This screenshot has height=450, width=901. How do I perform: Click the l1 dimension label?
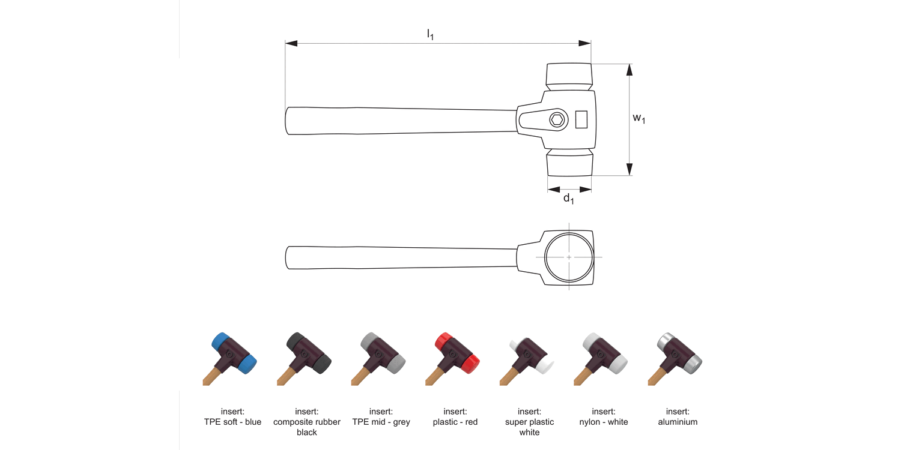[430, 35]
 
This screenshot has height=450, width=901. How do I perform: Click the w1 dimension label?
[639, 118]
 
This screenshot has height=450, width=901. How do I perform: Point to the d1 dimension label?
[568, 199]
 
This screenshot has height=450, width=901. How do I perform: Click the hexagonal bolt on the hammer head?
[558, 120]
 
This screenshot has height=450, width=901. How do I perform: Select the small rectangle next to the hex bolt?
[581, 119]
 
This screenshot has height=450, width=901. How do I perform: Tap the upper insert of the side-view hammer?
[568, 74]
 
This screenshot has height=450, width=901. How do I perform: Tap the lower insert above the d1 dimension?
[569, 164]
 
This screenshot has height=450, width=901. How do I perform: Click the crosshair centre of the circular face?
[569, 257]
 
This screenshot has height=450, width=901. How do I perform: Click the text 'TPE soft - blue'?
[232, 422]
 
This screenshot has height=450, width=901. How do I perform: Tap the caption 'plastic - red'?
[455, 422]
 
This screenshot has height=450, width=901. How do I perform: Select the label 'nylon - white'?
[603, 422]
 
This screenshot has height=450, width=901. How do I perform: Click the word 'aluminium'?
[678, 422]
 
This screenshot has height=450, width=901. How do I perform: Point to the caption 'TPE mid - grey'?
[381, 422]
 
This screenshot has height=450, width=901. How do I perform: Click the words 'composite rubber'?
[306, 422]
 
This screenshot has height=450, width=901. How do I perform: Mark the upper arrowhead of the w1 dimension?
[629, 70]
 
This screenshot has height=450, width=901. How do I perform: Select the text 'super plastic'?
[529, 422]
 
